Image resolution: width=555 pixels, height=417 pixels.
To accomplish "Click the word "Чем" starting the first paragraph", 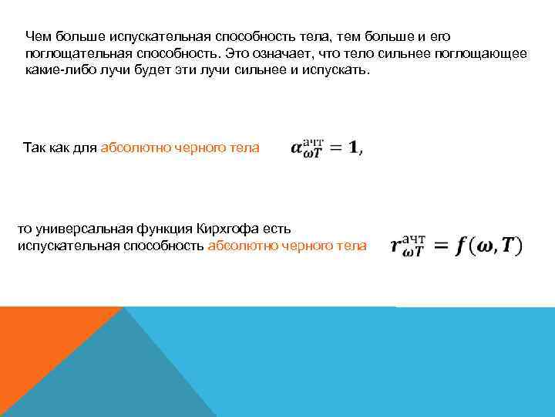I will [x=35, y=36].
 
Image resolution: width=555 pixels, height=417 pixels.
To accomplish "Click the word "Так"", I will [x=35, y=147].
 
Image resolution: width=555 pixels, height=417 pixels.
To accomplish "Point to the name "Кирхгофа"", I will [x=226, y=229].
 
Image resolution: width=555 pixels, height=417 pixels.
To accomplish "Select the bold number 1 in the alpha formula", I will [x=354, y=148].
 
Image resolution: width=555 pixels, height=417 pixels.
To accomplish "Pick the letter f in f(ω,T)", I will [x=461, y=247].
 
